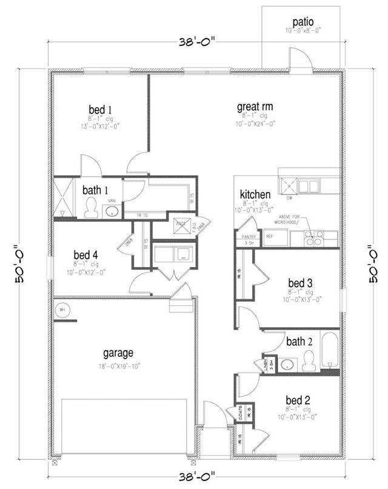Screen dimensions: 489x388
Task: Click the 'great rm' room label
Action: click(255, 107)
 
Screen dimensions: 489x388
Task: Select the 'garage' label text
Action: click(118, 353)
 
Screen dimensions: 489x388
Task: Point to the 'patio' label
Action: click(303, 22)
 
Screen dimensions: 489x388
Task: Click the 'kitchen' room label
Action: click(255, 194)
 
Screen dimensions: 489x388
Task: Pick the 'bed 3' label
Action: click(299, 283)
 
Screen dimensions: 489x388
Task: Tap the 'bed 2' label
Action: click(298, 400)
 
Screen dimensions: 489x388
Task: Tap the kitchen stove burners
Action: click(313, 238)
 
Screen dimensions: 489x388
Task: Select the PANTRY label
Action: click(249, 236)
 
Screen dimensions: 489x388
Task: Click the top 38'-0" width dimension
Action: click(198, 43)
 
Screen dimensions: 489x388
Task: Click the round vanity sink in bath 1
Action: click(111, 211)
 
